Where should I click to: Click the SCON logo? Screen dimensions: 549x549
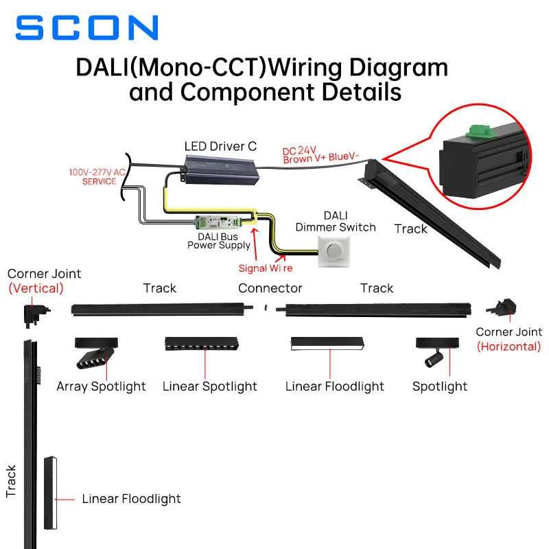pyautogui.click(x=87, y=28)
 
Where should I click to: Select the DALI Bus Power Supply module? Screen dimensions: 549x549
pyautogui.click(x=218, y=222)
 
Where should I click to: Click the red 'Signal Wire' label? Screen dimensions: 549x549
pyautogui.click(x=266, y=268)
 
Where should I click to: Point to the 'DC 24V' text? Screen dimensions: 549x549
pyautogui.click(x=300, y=150)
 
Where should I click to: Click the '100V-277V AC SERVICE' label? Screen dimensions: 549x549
pyautogui.click(x=97, y=177)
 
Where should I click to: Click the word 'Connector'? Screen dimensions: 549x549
pyautogui.click(x=270, y=288)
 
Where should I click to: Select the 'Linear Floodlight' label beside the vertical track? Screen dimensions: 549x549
pyautogui.click(x=131, y=499)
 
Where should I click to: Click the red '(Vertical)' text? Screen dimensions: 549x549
pyautogui.click(x=36, y=288)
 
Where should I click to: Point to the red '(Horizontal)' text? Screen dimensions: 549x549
pyautogui.click(x=509, y=347)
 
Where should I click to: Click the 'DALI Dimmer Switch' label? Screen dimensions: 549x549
pyautogui.click(x=336, y=221)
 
